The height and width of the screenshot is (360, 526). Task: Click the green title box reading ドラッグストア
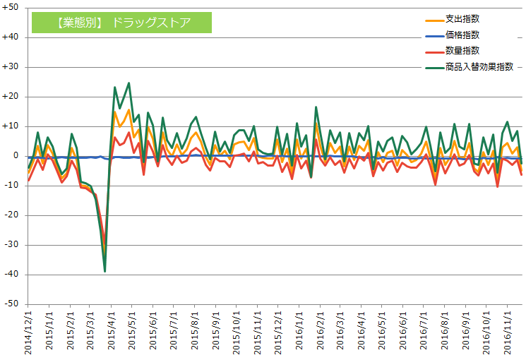tap(121, 22)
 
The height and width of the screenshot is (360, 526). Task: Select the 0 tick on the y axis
tap(16, 156)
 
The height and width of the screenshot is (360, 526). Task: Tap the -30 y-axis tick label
tap(12, 245)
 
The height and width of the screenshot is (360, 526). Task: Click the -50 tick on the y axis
tap(12, 304)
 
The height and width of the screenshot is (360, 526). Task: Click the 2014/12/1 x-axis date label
tap(28, 332)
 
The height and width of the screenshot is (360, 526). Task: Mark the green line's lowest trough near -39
tap(104, 271)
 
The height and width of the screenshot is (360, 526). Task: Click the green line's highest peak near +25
tap(128, 83)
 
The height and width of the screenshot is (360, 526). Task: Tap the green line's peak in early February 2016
tap(316, 107)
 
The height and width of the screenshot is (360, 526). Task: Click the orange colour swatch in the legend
tap(434, 18)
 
